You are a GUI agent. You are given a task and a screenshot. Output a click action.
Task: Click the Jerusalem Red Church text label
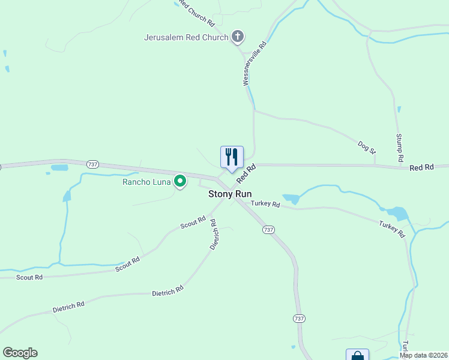click(186, 37)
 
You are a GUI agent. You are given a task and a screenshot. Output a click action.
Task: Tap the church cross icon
click(238, 37)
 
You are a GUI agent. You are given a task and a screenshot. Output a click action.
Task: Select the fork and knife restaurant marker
click(232, 157)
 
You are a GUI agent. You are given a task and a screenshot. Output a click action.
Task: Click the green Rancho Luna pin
click(179, 181)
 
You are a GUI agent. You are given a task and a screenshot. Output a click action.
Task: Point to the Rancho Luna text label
click(146, 181)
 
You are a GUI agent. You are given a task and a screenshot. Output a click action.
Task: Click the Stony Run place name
click(230, 194)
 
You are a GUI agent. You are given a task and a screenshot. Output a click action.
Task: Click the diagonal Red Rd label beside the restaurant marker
click(246, 173)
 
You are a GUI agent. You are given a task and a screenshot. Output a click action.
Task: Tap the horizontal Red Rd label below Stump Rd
click(421, 168)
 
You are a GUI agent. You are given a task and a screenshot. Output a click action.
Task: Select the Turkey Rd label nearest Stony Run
click(266, 204)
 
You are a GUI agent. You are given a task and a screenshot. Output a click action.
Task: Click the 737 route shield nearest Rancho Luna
click(92, 164)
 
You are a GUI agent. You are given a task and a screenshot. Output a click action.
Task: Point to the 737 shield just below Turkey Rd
click(268, 230)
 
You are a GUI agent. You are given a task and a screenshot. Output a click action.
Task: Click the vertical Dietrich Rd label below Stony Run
click(213, 235)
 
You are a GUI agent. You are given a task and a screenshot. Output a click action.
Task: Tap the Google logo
click(20, 353)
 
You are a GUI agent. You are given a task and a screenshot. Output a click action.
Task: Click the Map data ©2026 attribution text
click(423, 355)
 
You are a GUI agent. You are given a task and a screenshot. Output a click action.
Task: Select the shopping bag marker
click(357, 355)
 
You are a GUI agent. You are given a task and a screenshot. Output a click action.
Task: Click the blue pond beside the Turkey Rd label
click(291, 199)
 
